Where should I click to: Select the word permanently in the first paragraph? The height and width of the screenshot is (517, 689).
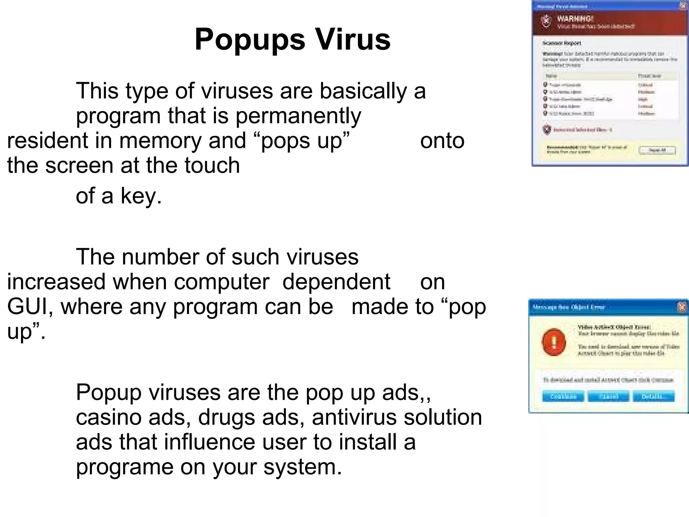[298, 116]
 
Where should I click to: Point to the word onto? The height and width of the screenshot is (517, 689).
[442, 141]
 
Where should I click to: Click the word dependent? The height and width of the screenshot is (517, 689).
[336, 282]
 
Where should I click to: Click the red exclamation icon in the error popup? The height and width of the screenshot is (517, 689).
[554, 342]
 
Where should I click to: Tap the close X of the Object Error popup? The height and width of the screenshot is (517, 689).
[681, 307]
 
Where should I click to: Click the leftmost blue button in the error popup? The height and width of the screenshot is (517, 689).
[563, 397]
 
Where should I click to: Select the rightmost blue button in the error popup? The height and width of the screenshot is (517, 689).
[653, 397]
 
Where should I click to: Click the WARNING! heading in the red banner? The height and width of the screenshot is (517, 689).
[575, 19]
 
